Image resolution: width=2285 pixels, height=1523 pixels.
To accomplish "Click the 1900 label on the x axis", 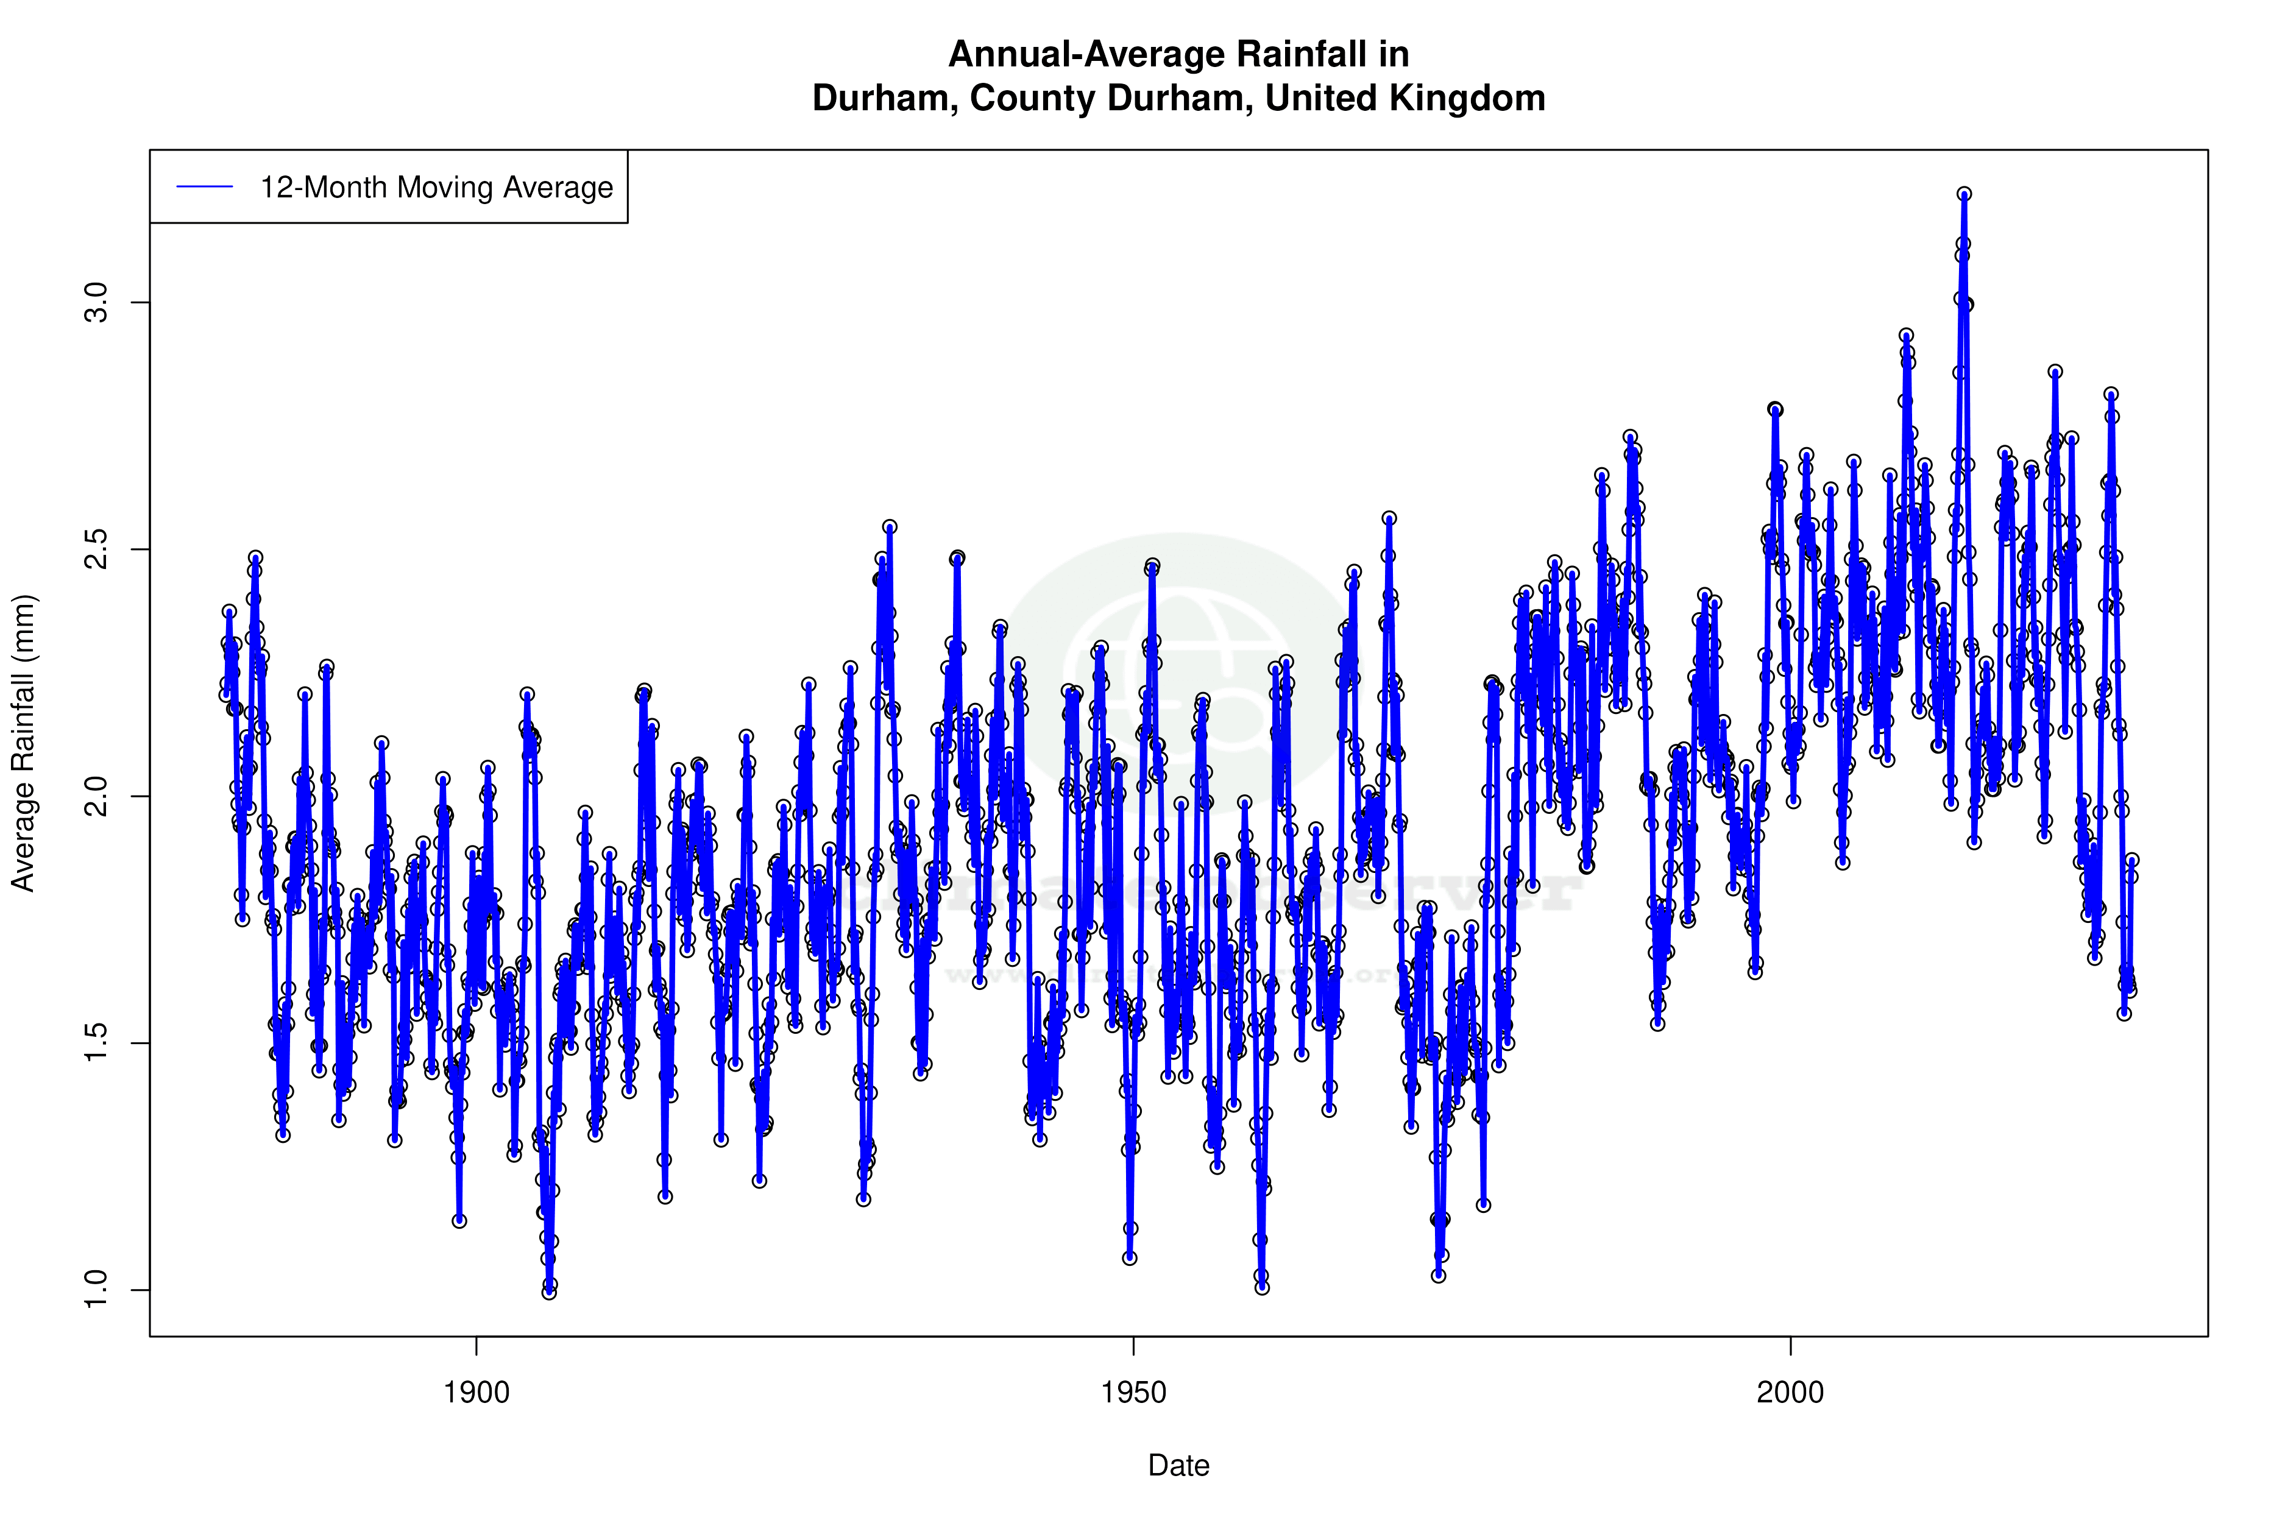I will point(476,1393).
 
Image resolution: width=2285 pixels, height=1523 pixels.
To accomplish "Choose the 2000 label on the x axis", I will point(1790,1393).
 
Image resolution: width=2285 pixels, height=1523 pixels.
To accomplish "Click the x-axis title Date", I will point(1178,1466).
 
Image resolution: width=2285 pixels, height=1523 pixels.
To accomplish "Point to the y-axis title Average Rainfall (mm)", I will point(23,743).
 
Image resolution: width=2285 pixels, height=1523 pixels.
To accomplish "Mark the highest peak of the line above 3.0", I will point(1964,194).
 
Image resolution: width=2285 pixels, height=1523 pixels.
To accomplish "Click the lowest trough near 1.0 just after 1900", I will point(549,1292).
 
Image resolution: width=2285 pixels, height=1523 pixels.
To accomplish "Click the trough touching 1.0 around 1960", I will point(1262,1288).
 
